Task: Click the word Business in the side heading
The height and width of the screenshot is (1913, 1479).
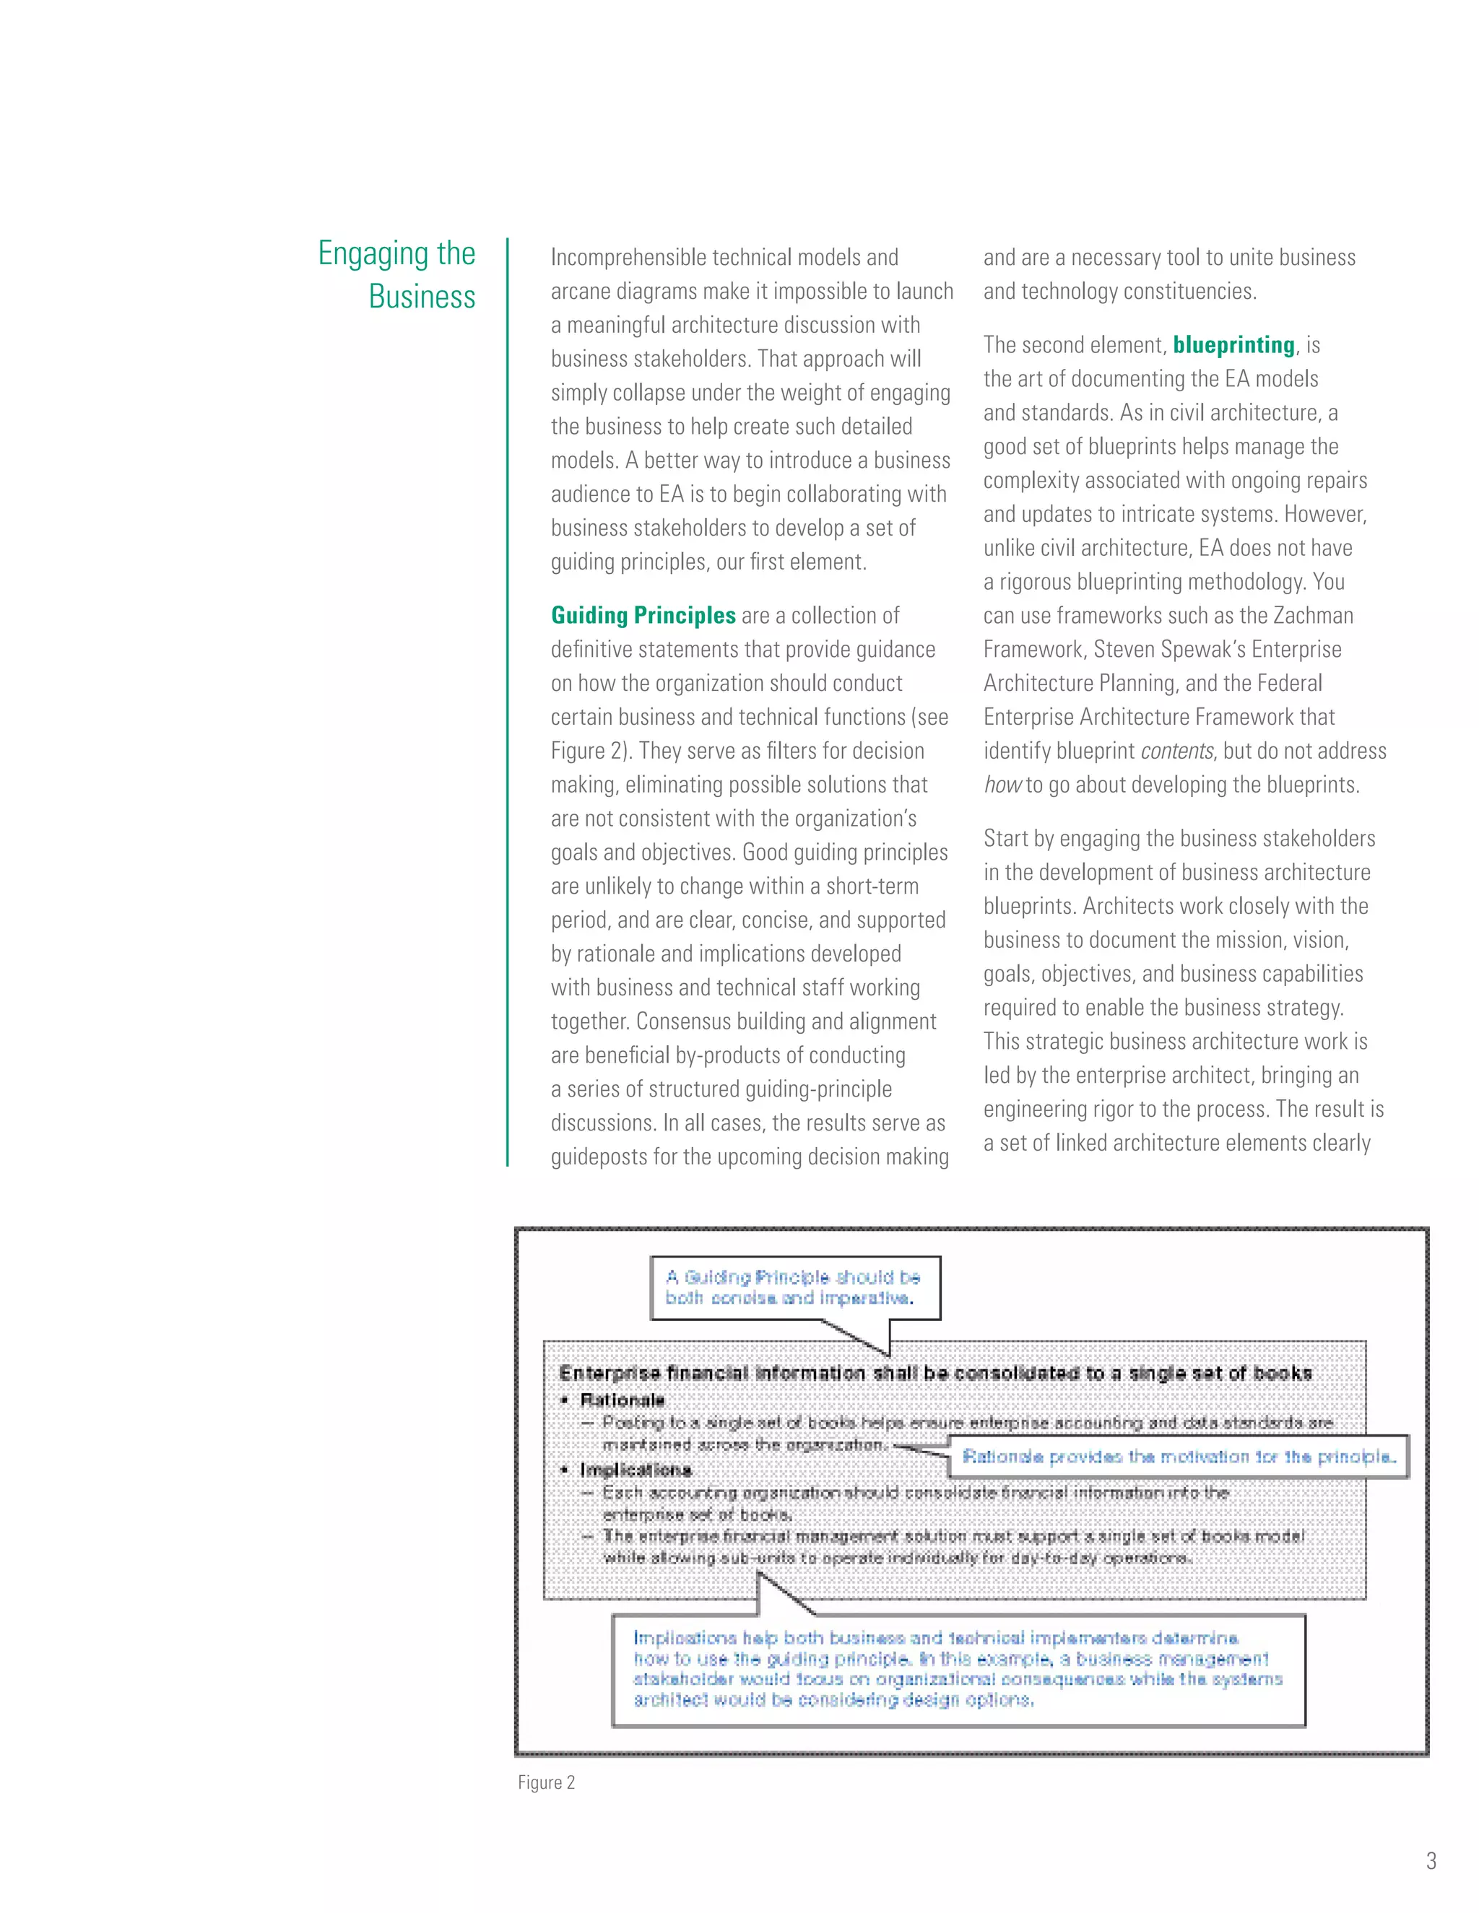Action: tap(422, 297)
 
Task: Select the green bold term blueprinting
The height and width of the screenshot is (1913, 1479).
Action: tap(1233, 345)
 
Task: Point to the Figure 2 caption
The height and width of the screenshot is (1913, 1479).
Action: tap(546, 1782)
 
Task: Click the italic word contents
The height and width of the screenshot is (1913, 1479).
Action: tap(1176, 751)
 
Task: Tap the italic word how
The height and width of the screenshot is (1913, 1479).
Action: tap(1002, 785)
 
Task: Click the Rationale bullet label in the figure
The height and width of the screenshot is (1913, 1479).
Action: tap(622, 1400)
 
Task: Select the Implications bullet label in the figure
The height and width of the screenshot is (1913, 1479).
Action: tap(636, 1470)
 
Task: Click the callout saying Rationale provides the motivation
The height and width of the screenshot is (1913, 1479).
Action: tap(1178, 1457)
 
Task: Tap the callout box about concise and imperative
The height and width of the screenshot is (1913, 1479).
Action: tap(794, 1288)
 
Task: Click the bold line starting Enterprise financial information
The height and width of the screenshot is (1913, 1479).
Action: tap(935, 1374)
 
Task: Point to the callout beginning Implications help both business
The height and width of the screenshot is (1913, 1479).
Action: tap(957, 1668)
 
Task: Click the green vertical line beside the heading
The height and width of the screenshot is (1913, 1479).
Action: tap(507, 701)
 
